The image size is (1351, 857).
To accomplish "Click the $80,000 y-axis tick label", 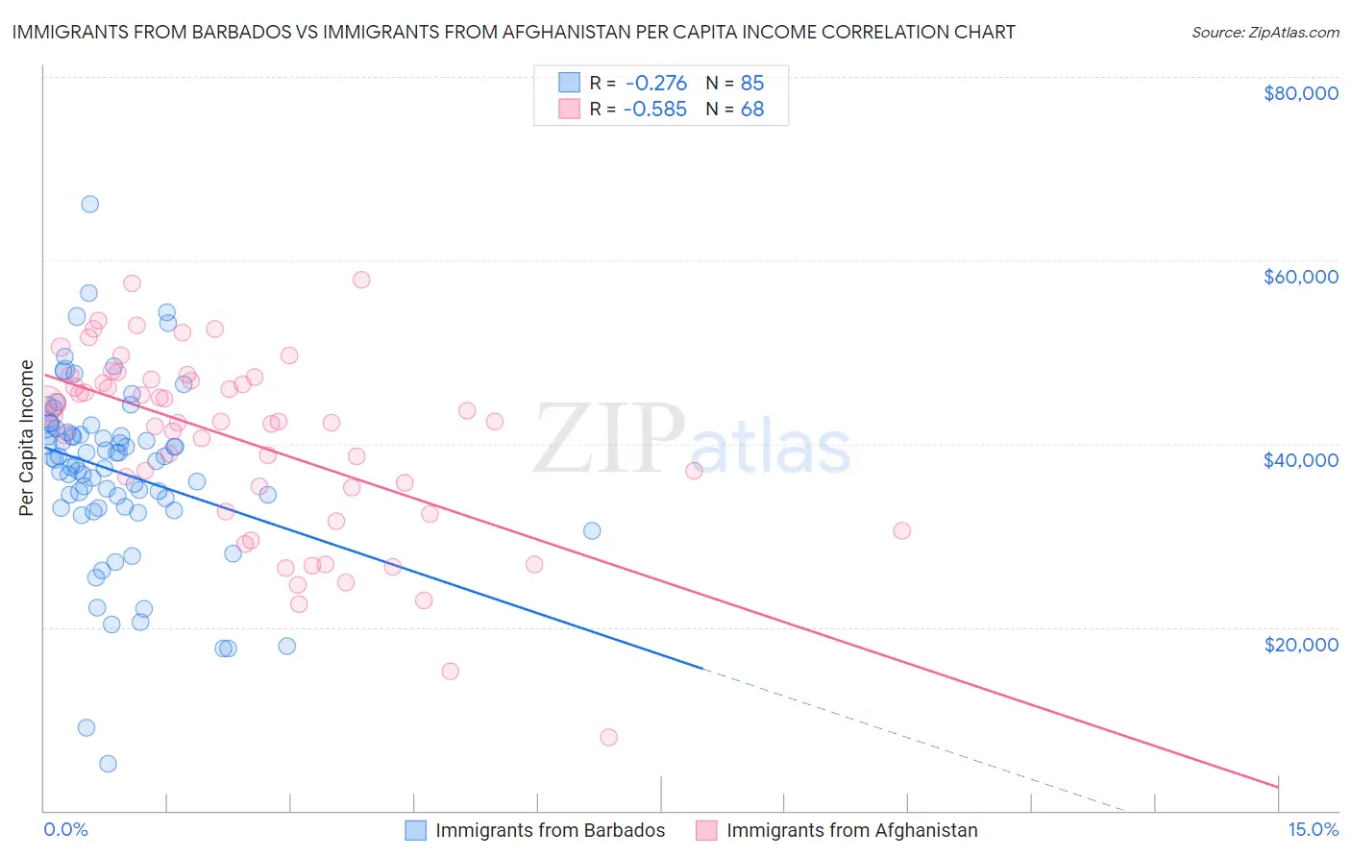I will tap(1300, 93).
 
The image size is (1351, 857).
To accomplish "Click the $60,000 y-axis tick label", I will tap(1300, 277).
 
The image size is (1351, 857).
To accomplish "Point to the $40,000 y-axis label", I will tap(1300, 460).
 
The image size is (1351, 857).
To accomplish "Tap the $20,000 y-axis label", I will tap(1300, 644).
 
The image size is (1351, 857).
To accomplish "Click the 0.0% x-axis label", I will tap(65, 829).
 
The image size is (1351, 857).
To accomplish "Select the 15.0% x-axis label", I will tap(1313, 829).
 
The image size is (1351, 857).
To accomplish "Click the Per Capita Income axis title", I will tap(27, 437).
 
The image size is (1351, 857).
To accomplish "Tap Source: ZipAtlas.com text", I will tap(1265, 32).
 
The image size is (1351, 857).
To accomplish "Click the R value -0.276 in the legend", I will tap(655, 84).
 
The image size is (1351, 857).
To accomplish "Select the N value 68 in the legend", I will tap(751, 110).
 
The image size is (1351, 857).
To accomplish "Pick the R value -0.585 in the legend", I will tap(655, 110).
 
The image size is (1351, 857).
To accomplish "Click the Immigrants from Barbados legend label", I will tap(550, 830).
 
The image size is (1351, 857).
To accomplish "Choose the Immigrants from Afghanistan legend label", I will tap(851, 830).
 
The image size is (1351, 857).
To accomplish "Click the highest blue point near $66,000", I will tap(89, 204).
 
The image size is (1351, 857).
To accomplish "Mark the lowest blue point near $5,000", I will tap(108, 764).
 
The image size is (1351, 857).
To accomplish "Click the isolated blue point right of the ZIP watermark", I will tap(592, 531).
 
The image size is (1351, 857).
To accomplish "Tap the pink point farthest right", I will tap(901, 530).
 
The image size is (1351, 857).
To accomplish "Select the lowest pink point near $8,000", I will tap(608, 737).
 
